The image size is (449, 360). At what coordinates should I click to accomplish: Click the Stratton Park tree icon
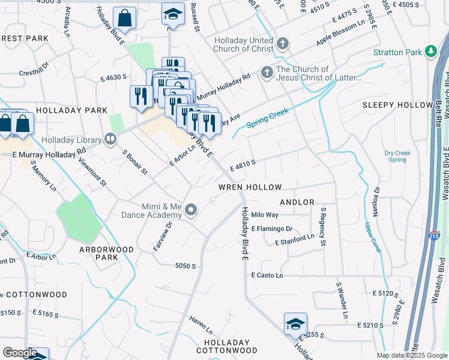coord(430,52)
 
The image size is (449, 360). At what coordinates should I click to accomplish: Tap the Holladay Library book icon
coord(110,140)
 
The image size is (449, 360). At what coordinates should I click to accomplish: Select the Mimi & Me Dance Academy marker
coord(191,210)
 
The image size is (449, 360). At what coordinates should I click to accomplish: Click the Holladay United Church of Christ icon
coord(283,43)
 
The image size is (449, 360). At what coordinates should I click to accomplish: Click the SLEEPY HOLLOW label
coord(397,105)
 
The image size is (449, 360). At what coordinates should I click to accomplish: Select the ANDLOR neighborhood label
coord(297,202)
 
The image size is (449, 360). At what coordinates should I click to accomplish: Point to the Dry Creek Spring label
coord(397,157)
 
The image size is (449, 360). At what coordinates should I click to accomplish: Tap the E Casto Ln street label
coord(267,275)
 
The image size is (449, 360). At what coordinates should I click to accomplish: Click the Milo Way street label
coord(265,215)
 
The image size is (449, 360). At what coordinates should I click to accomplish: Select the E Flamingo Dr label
coord(272,229)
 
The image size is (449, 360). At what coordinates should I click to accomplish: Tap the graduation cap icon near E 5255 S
coord(295,325)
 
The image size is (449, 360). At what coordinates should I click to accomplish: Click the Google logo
coord(20,353)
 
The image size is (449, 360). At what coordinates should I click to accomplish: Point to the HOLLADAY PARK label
coord(71,110)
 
